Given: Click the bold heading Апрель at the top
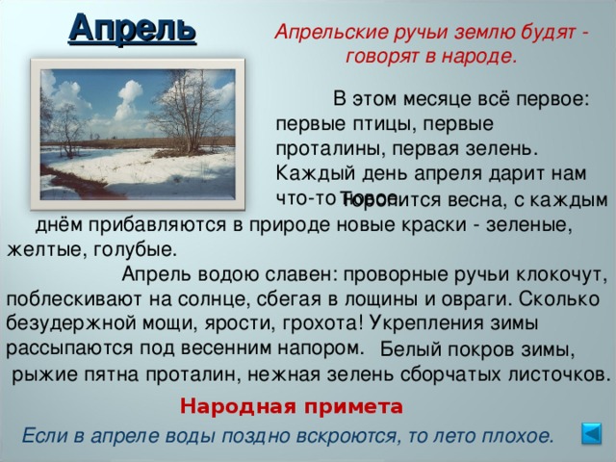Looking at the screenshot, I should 132,26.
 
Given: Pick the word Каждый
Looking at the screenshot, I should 307,173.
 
